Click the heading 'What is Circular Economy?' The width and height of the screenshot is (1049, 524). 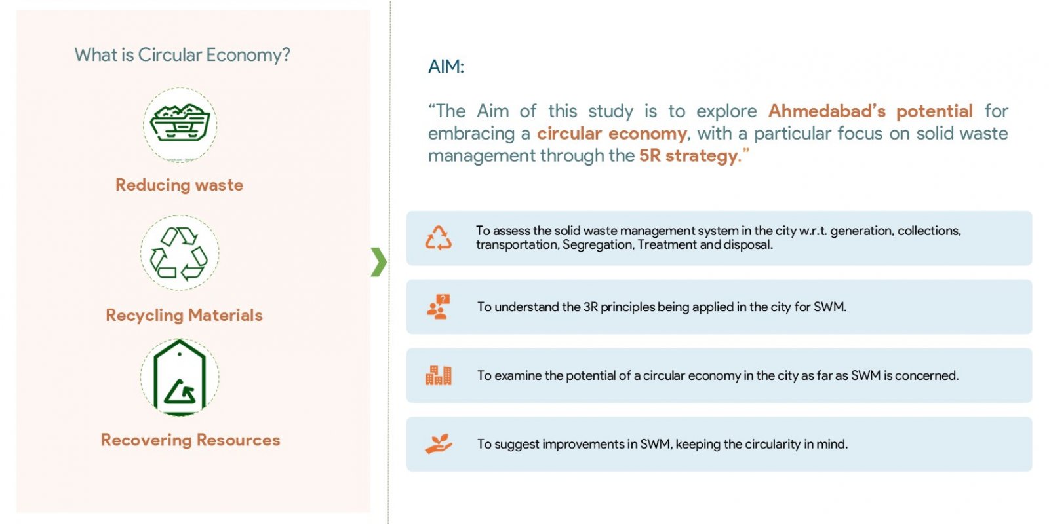(182, 55)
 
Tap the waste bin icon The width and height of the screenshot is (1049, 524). (180, 122)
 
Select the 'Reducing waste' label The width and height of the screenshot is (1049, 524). (180, 185)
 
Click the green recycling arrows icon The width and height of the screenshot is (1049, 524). (179, 253)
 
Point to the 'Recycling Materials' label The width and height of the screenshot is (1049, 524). (184, 315)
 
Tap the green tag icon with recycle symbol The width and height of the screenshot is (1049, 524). (180, 378)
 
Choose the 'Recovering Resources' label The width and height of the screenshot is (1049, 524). (190, 440)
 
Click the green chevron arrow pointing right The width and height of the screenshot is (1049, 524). (379, 262)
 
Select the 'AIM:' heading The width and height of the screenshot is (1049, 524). (446, 66)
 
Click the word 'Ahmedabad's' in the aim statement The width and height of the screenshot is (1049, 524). (827, 111)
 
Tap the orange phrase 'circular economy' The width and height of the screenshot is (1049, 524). (612, 134)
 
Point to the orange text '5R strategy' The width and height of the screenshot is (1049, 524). (688, 156)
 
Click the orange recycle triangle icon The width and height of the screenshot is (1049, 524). (439, 238)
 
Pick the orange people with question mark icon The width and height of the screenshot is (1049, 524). (439, 307)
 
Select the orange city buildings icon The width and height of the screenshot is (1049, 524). (439, 375)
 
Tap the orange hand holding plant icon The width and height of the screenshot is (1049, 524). (439, 444)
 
